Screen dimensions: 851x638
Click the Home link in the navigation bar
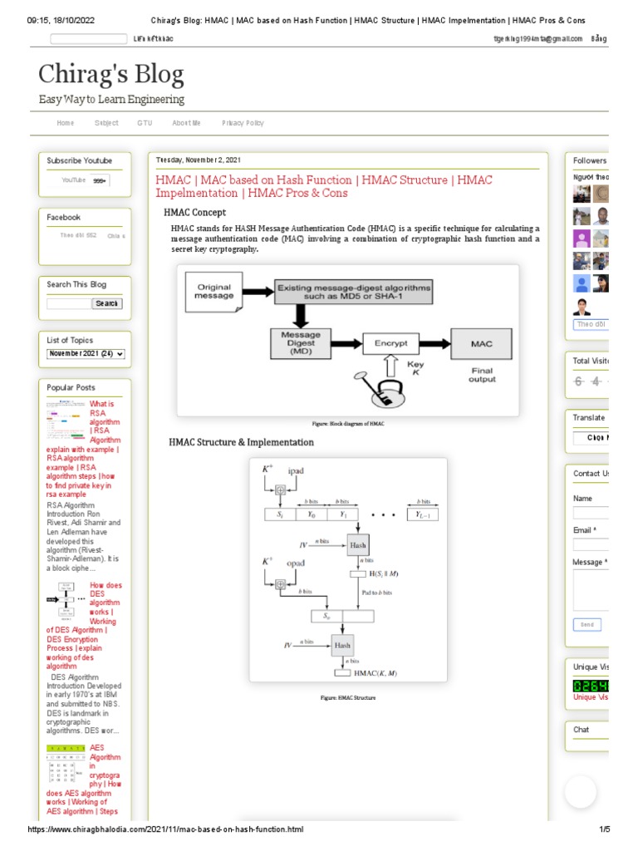(65, 123)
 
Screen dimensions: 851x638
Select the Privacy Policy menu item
(243, 123)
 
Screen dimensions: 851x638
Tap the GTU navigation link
(145, 123)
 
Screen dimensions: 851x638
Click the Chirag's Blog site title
(110, 76)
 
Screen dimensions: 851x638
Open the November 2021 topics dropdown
(86, 354)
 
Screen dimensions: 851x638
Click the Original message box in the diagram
(214, 292)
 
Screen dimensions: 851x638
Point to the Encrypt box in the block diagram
(390, 342)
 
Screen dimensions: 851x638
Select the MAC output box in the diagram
(481, 342)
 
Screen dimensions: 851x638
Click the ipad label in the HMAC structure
(295, 471)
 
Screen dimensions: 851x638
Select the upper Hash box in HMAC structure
(357, 545)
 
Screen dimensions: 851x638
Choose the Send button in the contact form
(586, 624)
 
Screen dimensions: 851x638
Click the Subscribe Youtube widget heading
(79, 160)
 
